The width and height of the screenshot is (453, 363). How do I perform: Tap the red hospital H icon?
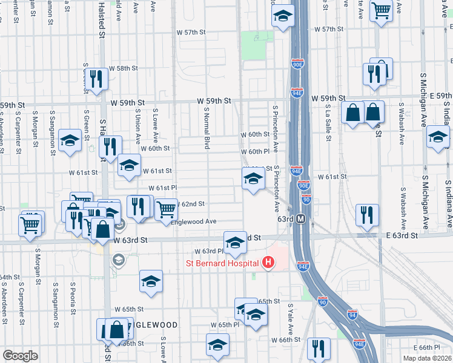pos(268,263)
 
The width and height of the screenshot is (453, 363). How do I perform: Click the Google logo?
pos(21,355)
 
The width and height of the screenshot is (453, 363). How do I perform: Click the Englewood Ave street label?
pos(194,222)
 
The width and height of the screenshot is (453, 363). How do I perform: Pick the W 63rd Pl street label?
pos(209,251)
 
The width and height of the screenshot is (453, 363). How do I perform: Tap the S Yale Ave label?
pos(291,319)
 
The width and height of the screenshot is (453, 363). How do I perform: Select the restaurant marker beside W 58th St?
pos(96,79)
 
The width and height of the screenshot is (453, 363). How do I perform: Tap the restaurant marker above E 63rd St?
pos(368,215)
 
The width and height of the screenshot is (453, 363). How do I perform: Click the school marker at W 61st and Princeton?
pos(254,178)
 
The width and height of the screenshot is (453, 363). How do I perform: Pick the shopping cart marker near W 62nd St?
pos(166,209)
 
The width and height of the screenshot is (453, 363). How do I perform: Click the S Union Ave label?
pos(139,121)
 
